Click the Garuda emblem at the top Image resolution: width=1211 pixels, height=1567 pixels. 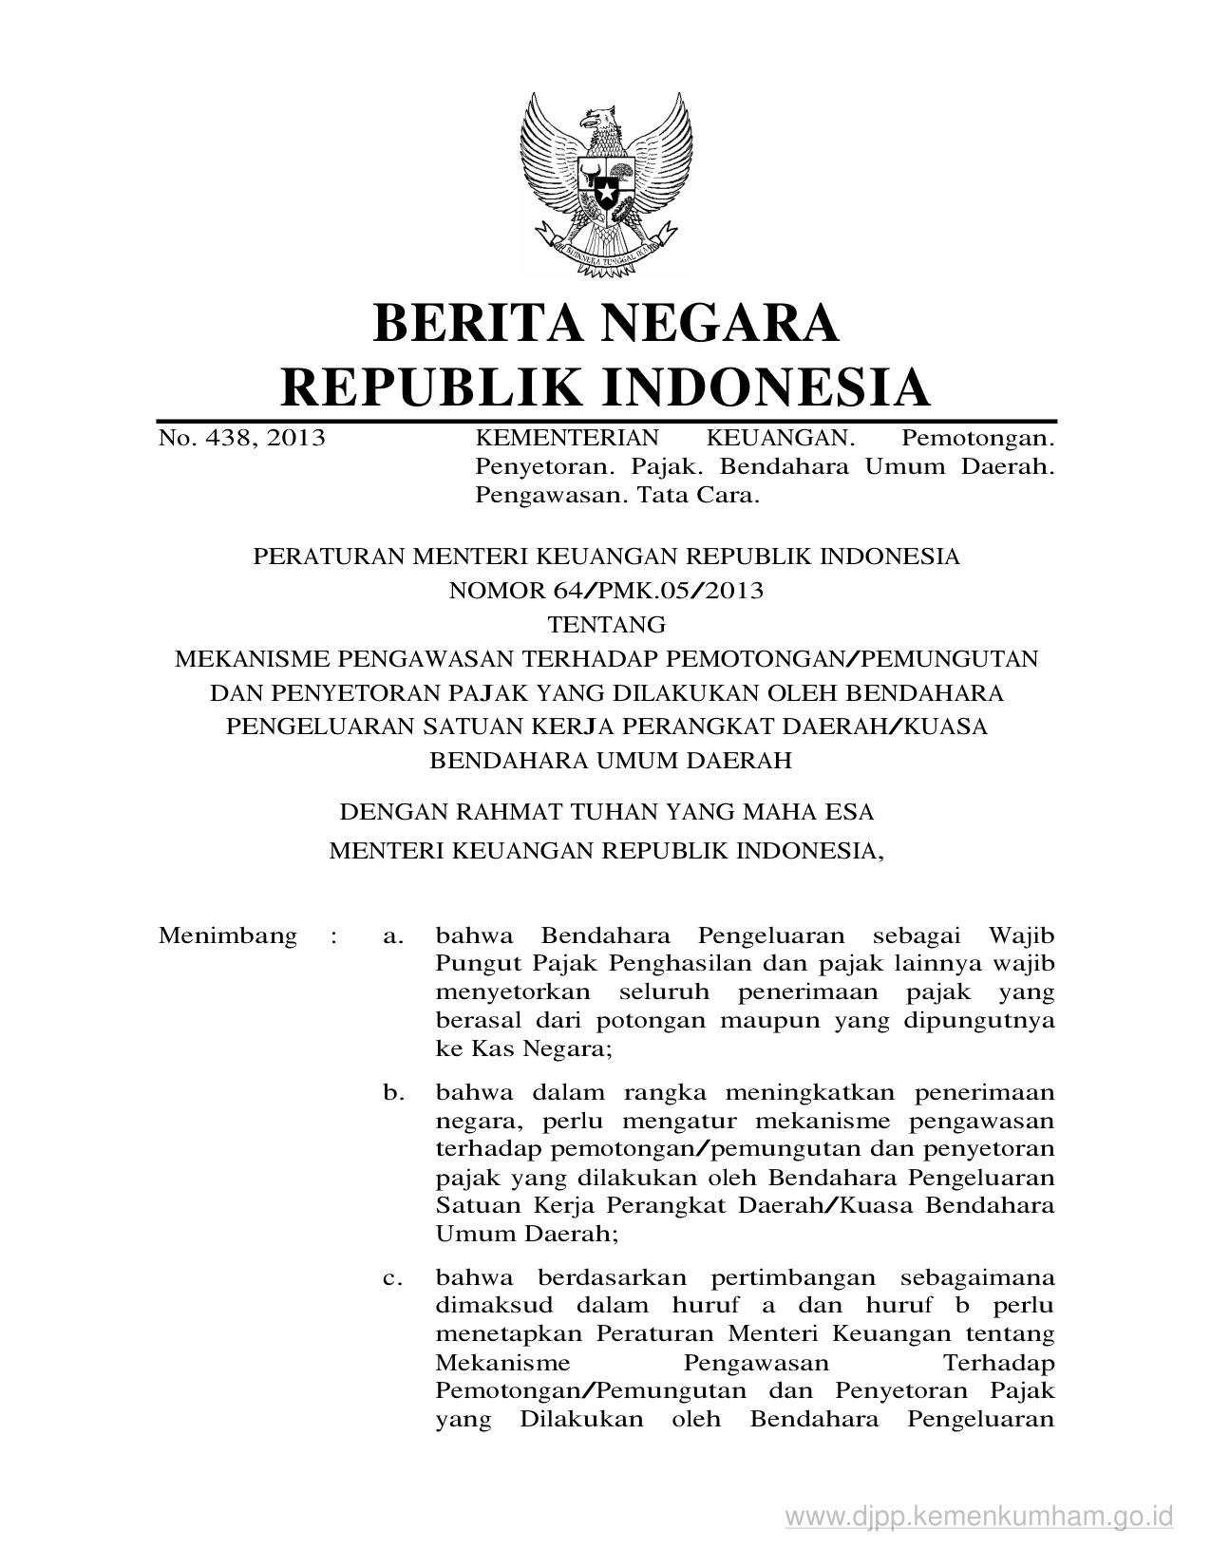coord(605,184)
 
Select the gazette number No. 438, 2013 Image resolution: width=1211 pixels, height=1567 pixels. coord(241,438)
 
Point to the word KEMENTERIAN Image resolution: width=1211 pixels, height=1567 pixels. coord(566,438)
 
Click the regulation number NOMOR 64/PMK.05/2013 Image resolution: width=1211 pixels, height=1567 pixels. coord(606,591)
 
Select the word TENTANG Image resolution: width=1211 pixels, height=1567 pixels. coord(606,625)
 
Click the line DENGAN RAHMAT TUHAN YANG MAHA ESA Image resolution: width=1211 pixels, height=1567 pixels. coord(606,812)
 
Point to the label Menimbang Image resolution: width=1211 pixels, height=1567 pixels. coord(228,935)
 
